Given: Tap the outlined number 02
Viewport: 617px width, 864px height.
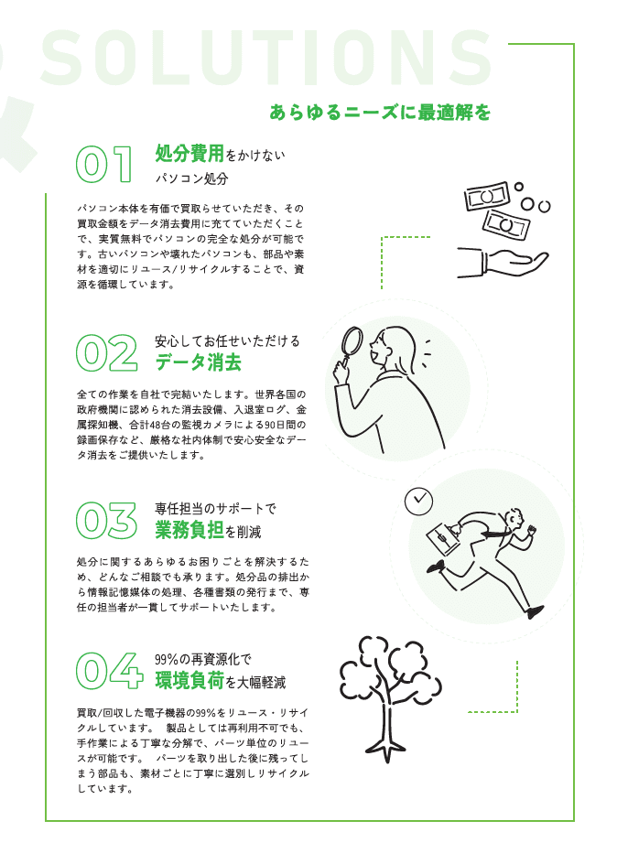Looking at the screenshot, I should tap(106, 352).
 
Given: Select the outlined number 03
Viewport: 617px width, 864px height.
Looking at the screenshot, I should tap(106, 520).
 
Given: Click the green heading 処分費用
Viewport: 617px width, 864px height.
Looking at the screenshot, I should tap(189, 154).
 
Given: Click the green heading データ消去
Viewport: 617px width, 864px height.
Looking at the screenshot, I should tap(198, 363).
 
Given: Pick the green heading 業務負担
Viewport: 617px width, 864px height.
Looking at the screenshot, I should tap(189, 530).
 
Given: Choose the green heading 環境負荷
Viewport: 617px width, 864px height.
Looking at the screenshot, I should tap(189, 681).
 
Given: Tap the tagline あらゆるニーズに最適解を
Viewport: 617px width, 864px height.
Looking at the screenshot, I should tap(380, 113).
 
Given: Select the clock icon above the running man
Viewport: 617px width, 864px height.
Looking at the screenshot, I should tap(418, 500).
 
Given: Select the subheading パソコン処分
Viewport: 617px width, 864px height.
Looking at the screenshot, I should tap(191, 178).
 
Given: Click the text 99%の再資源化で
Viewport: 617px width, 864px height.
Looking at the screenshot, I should tap(202, 659).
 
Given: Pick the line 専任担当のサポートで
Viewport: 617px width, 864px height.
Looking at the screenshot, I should tap(215, 508).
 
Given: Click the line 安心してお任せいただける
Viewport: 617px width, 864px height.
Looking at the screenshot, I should tap(227, 340).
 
